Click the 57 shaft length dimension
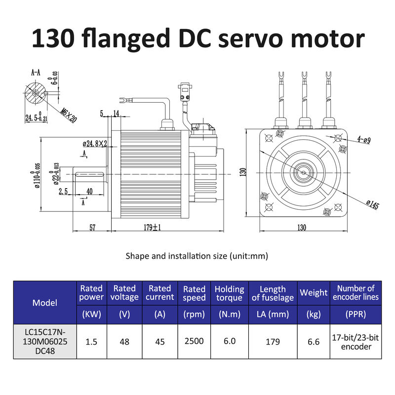[92, 228]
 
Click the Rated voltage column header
[124, 292]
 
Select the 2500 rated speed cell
[194, 341]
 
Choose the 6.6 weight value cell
[314, 341]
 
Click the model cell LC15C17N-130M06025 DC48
[44, 341]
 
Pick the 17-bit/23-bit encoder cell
[355, 341]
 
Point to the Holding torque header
[229, 293]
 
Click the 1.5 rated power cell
[91, 341]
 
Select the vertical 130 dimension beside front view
[243, 173]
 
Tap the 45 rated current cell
[159, 341]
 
